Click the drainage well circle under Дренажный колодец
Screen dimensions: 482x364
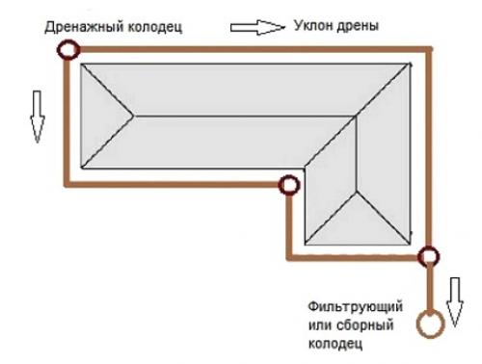click(x=67, y=50)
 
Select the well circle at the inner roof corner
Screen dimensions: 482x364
click(x=286, y=185)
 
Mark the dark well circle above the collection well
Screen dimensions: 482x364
click(x=428, y=256)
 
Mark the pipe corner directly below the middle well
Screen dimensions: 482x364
click(x=287, y=256)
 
